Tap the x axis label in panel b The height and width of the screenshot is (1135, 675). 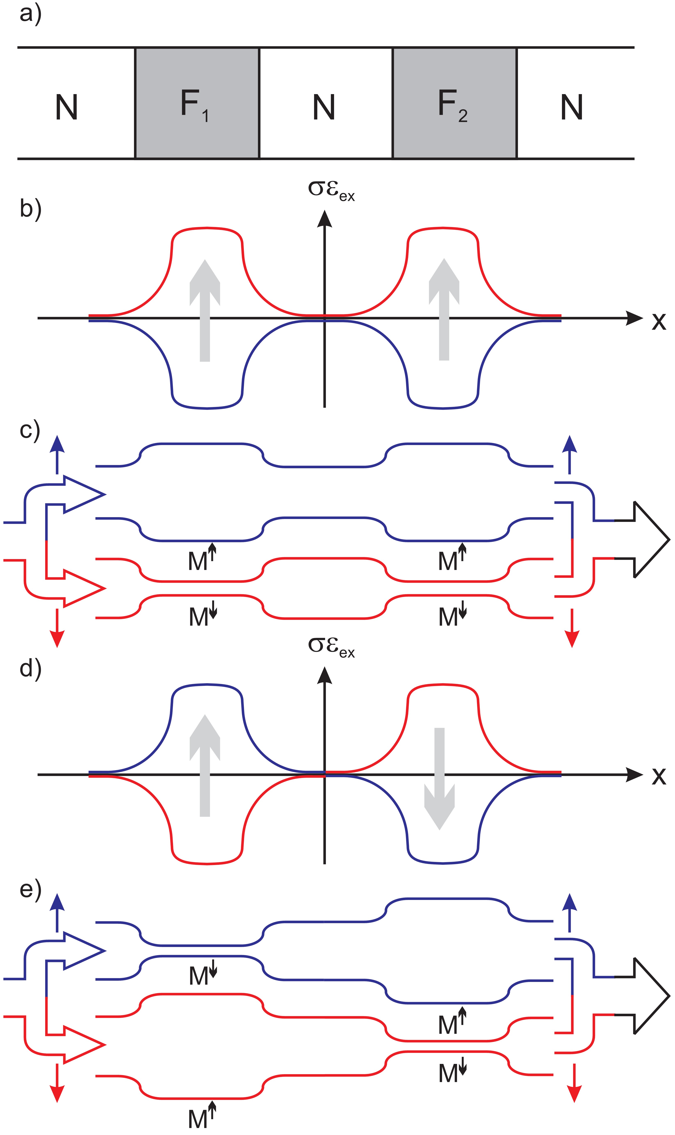tap(658, 321)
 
